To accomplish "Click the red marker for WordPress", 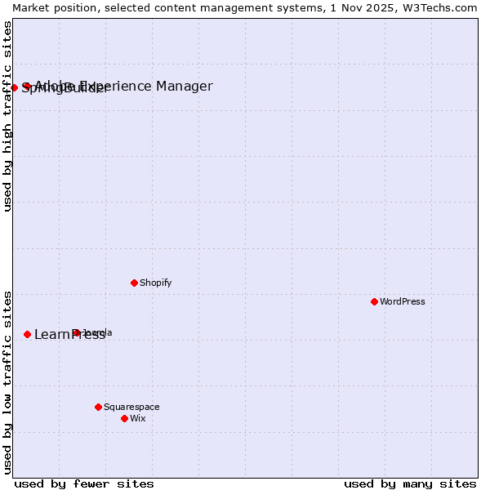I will point(374,301).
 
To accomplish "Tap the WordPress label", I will point(403,301).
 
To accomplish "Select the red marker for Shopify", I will point(134,283).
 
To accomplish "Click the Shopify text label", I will point(155,283).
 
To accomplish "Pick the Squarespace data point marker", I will point(98,407).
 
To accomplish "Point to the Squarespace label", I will point(131,407).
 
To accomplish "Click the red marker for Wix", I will point(124,418).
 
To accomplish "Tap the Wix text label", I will point(138,418).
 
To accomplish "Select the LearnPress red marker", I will point(27,334).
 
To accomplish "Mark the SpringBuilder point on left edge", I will point(14,87).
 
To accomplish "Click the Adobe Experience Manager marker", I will point(27,86).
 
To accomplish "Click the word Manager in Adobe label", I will point(185,86).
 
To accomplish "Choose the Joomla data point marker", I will point(76,332).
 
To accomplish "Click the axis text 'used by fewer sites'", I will point(84,483).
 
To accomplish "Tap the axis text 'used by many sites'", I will point(410,483).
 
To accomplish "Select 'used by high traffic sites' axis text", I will point(7,116).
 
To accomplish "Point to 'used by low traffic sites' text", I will point(7,382).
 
